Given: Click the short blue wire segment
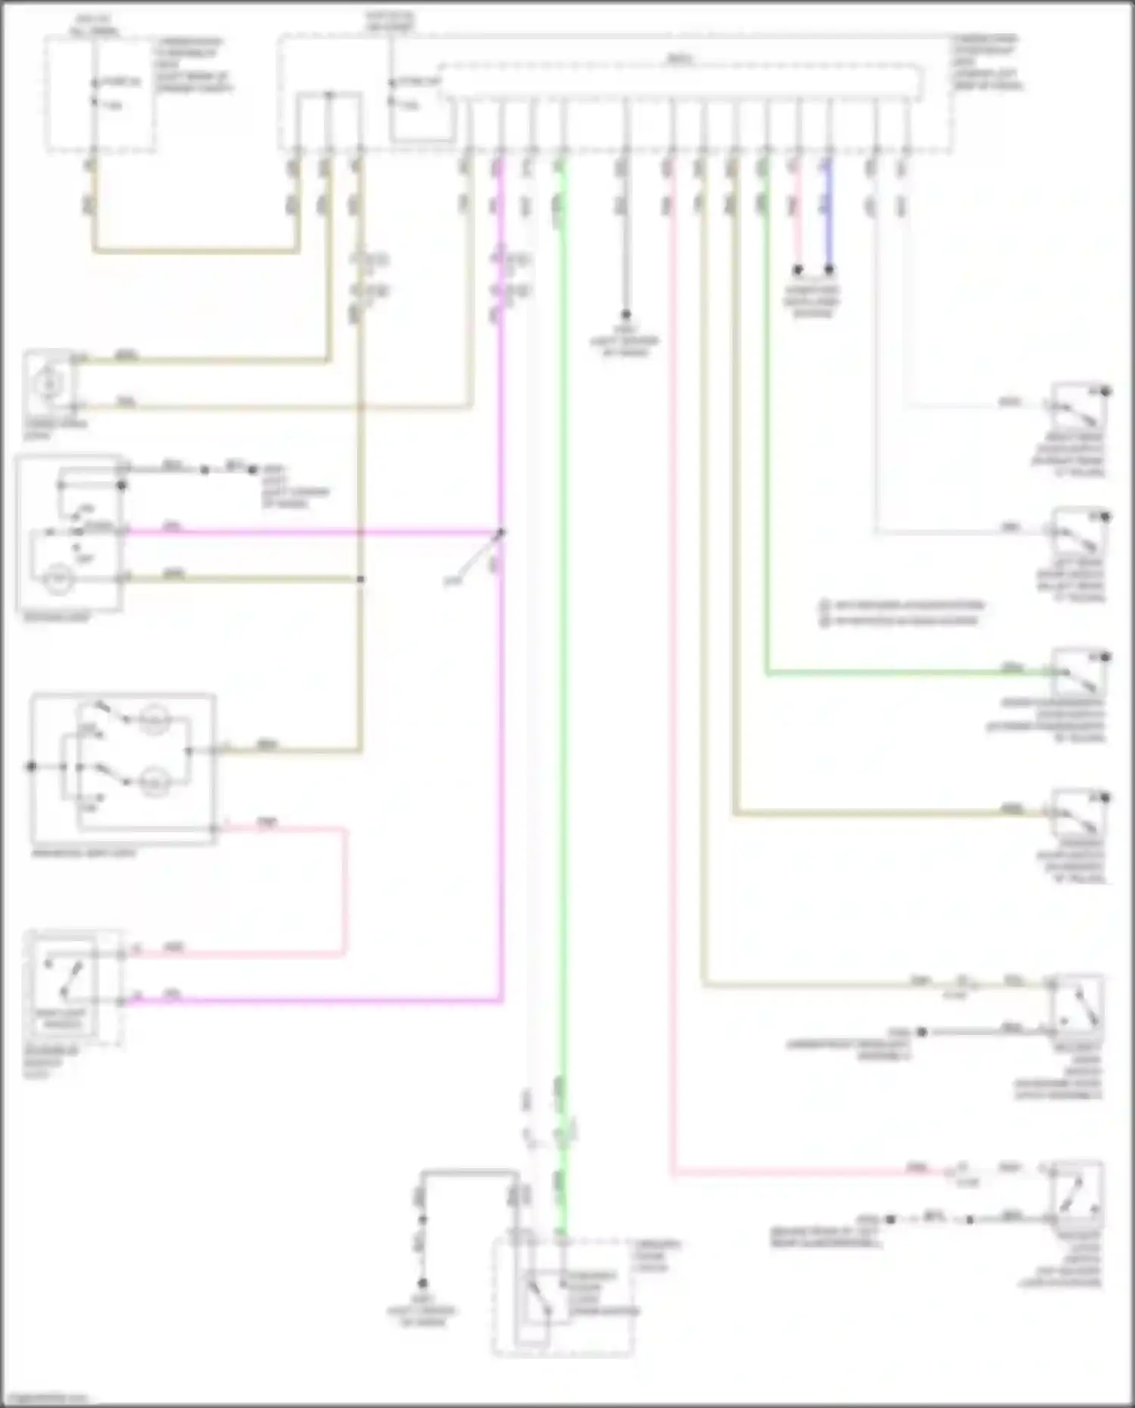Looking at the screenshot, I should (829, 227).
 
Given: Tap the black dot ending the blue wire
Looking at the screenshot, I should (829, 269).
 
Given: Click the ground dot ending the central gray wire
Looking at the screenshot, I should (626, 314).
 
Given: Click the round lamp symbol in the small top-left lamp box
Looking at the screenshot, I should (48, 385).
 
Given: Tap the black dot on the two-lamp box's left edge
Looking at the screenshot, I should (31, 766).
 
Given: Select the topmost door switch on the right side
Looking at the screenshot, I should (1078, 409).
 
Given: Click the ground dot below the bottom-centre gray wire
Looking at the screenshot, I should (422, 1283).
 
